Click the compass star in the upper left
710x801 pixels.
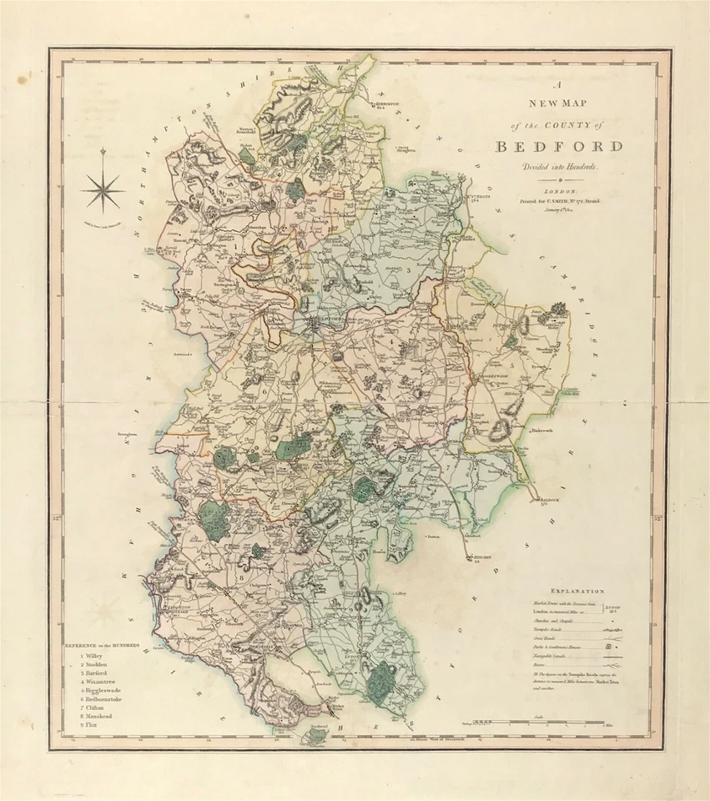[103, 190]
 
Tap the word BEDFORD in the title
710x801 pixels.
[559, 147]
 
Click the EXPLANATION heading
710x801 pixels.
[572, 590]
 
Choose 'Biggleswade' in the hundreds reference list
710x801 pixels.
[103, 691]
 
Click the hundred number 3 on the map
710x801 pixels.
[409, 270]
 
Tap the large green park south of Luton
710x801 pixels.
[384, 677]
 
